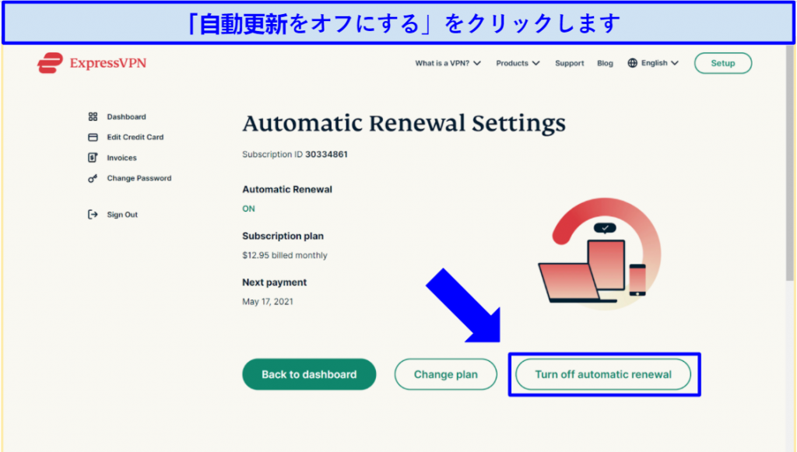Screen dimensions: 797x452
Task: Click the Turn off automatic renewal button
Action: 603,374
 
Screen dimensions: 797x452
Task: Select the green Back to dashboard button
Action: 309,374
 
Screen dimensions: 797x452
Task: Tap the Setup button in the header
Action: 723,63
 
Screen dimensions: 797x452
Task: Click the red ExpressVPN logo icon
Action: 50,63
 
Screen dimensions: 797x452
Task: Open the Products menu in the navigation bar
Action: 518,63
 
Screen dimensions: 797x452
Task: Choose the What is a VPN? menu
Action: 448,63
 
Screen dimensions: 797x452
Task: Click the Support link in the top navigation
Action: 569,63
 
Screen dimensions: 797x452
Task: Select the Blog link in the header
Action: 605,63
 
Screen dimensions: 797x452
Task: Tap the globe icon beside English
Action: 632,63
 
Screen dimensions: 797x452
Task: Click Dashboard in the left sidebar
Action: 126,117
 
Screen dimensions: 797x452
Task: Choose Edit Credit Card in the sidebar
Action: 135,137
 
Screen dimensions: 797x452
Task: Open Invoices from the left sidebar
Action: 121,158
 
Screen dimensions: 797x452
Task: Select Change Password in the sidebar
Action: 139,178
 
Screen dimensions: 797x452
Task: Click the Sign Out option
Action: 122,215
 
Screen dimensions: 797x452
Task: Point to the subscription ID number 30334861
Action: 326,154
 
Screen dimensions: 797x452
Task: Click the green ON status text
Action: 248,208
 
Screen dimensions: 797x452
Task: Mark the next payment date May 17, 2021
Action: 268,302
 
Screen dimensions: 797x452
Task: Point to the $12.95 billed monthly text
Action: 285,255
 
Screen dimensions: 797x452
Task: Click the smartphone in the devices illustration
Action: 637,280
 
